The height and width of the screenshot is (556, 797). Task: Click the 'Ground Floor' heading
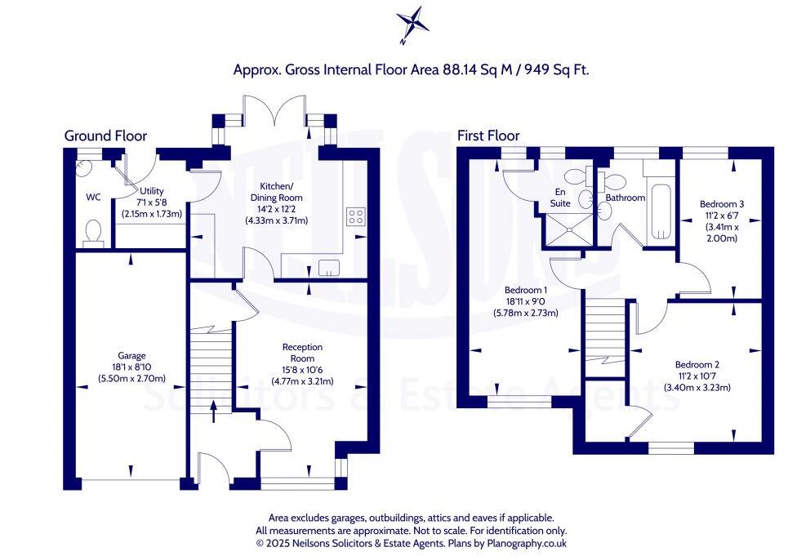[105, 136]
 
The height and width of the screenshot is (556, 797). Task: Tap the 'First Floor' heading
[488, 136]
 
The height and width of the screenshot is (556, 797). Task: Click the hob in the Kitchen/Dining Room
[356, 216]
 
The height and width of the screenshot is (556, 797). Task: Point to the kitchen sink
[329, 266]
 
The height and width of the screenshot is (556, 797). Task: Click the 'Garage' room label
[131, 355]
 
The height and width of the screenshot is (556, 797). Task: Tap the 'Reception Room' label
[302, 353]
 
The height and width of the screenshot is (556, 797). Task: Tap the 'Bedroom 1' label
[526, 290]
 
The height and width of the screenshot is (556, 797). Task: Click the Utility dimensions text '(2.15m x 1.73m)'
[151, 214]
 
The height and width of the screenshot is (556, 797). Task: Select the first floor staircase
[604, 331]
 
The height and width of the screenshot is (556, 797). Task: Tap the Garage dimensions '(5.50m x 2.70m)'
[131, 378]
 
